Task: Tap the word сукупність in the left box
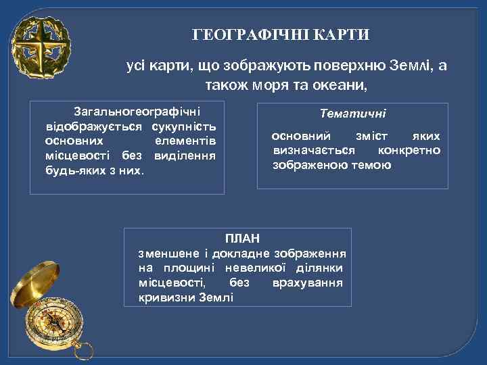tap(184, 126)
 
